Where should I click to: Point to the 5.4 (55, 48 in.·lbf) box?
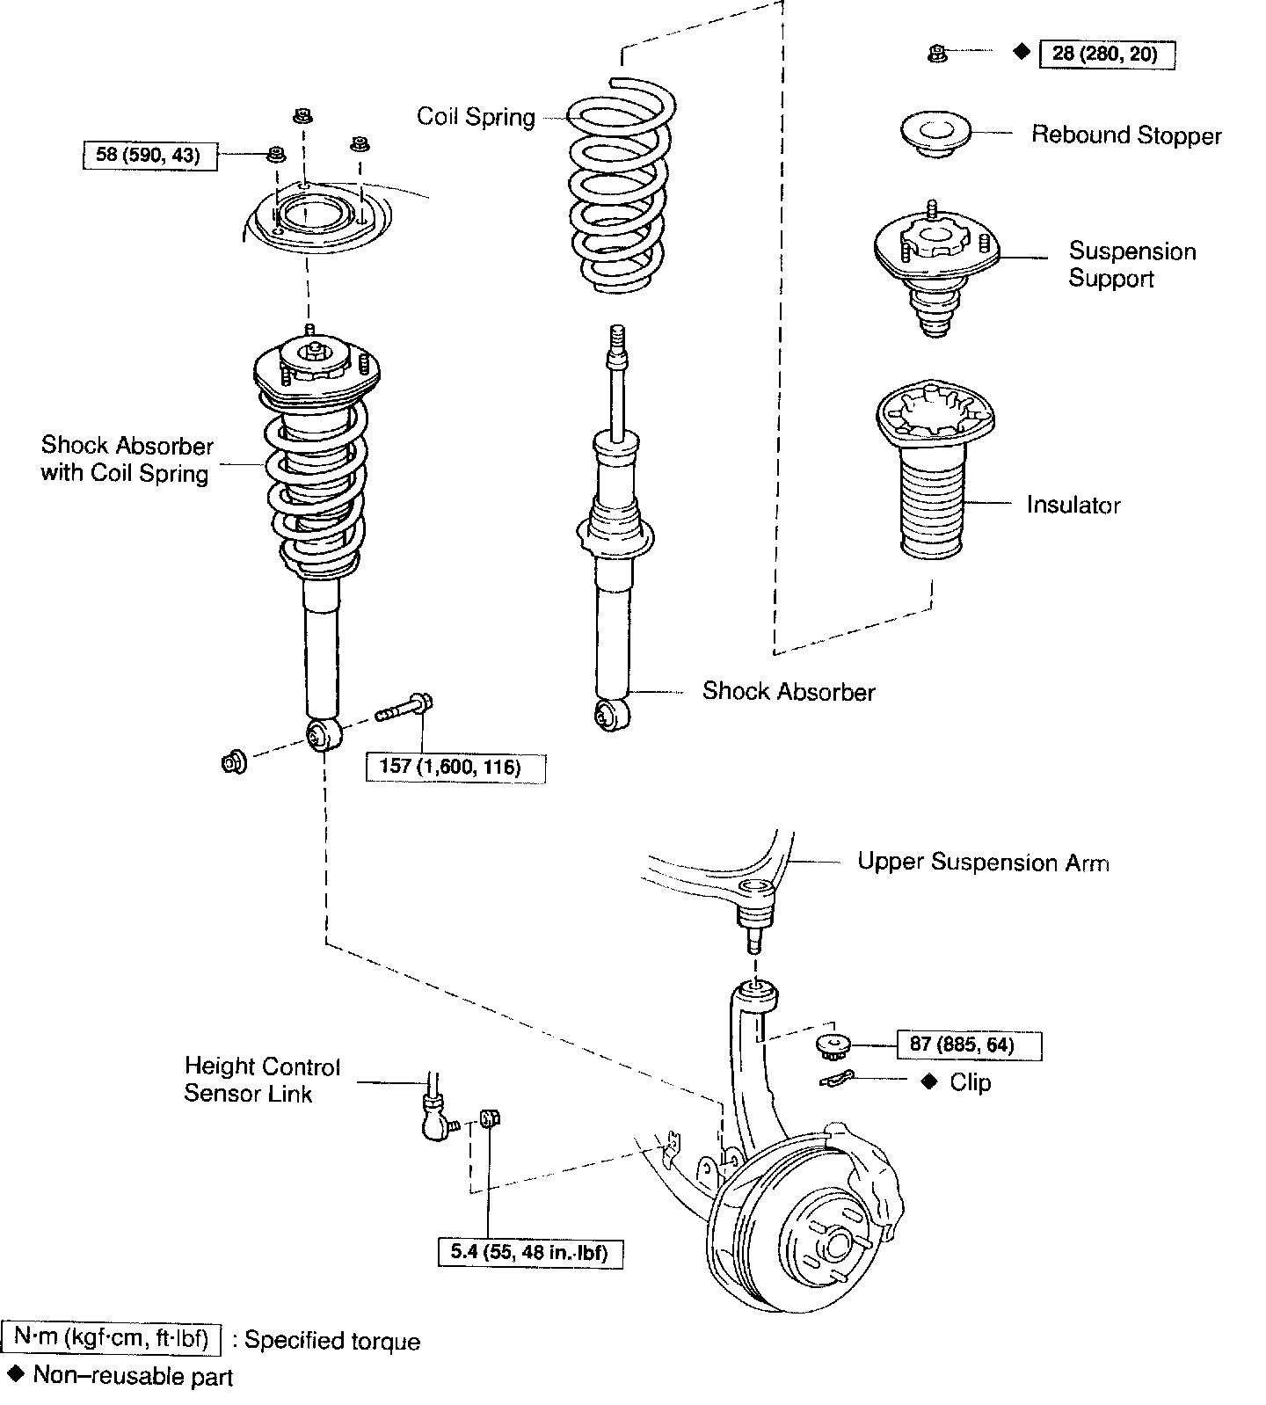(x=530, y=1252)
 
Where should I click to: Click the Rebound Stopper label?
(x=1126, y=135)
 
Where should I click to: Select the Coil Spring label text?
(x=476, y=117)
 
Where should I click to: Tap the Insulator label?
(x=1073, y=505)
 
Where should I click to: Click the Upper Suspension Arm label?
(x=983, y=863)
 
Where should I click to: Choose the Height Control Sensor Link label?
(x=261, y=1080)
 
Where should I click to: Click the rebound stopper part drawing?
(x=935, y=135)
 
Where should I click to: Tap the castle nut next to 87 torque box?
(x=832, y=1046)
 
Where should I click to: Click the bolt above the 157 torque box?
(x=406, y=707)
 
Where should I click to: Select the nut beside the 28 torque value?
(x=937, y=55)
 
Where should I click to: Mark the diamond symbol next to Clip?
(x=929, y=1081)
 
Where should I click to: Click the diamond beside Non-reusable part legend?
(x=15, y=1372)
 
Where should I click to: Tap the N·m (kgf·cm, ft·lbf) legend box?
(x=112, y=1338)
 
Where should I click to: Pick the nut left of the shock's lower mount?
(x=234, y=761)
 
